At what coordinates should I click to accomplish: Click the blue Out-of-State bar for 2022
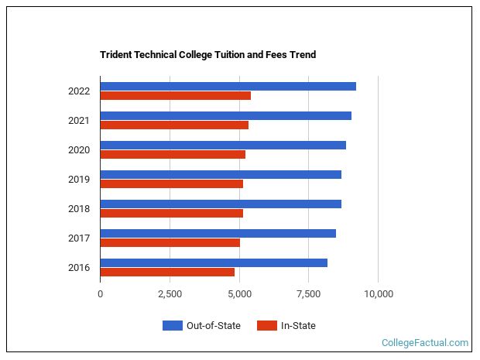228,86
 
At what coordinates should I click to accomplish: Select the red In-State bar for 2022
175,96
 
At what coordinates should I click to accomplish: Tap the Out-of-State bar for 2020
223,145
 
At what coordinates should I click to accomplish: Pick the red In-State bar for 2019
171,184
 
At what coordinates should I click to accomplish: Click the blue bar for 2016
214,262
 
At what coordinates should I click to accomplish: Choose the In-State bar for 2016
167,273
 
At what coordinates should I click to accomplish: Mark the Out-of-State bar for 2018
221,204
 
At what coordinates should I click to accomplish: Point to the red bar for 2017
170,243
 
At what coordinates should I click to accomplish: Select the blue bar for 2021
225,115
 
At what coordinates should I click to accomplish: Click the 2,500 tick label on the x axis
170,294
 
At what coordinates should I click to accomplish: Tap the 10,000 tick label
378,294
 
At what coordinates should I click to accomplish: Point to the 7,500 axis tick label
308,294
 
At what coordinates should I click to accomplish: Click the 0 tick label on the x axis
100,294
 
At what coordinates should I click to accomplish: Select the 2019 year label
78,180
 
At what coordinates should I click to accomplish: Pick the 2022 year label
78,91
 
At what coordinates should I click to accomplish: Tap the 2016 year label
78,268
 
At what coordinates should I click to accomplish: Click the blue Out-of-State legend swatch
172,326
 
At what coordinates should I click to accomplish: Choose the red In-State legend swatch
267,326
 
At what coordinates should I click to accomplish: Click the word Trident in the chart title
117,55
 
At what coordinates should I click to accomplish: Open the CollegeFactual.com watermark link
425,343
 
